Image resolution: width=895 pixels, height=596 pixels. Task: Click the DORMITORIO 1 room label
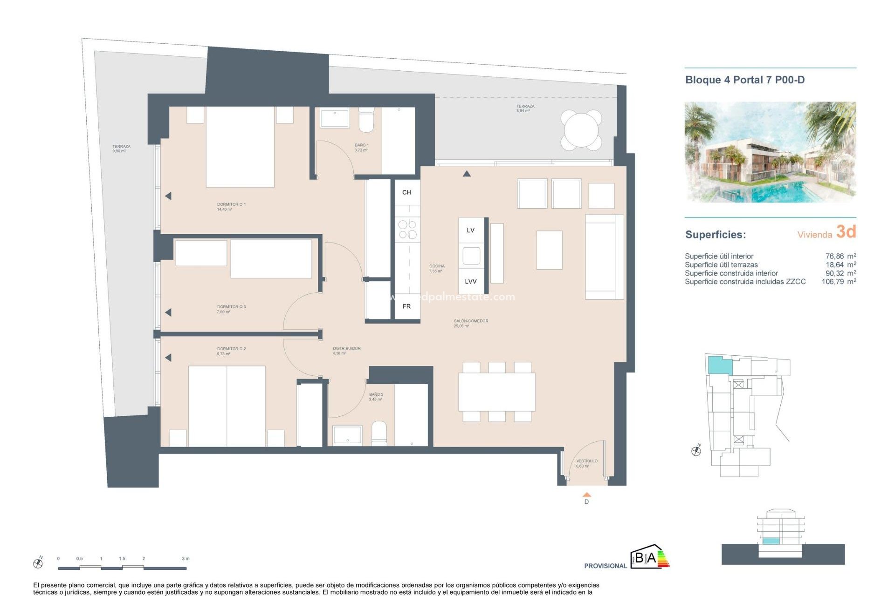pos(231,204)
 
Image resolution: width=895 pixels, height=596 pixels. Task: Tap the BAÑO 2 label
pos(376,395)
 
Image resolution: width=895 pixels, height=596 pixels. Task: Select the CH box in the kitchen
pos(406,192)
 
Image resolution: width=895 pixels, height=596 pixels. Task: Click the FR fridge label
pos(406,306)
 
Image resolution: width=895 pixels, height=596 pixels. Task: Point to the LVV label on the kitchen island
pos(470,281)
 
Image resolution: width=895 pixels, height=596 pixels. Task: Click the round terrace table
pos(581,130)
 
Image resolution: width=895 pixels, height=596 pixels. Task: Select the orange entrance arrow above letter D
pos(586,494)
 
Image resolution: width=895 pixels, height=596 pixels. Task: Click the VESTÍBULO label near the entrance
pos(586,461)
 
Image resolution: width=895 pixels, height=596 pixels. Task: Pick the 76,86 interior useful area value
pos(834,256)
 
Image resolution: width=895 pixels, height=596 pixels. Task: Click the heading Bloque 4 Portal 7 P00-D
pos(744,80)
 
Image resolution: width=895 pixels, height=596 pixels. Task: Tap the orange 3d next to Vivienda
pos(846,231)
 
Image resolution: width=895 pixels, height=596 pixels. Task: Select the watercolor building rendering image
pos(770,152)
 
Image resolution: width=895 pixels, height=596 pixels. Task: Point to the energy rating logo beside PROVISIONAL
pos(650,557)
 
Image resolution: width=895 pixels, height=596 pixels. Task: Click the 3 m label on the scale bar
pos(186,558)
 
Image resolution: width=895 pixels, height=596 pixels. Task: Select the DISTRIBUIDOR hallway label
pos(346,348)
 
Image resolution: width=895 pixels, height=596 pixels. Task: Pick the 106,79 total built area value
pos(833,282)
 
